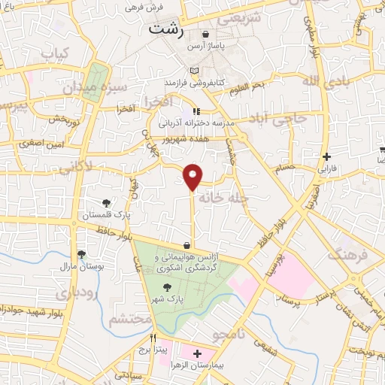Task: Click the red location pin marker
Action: coord(193,176)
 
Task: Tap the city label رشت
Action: coord(166,29)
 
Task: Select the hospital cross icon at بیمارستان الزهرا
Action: coord(198,353)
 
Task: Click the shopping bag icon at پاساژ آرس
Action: coord(205,35)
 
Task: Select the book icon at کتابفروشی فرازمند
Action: coord(196,71)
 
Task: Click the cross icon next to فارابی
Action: coord(326,157)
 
